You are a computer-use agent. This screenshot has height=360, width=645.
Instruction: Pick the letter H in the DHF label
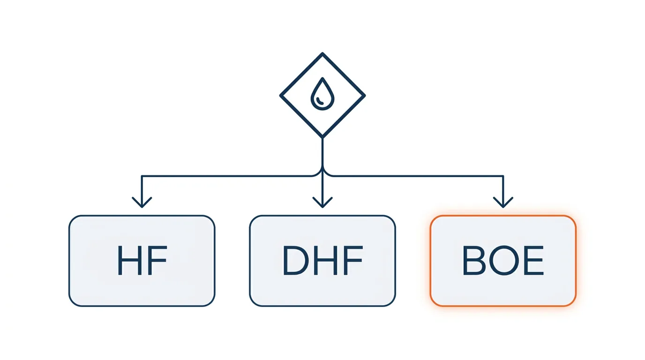pos(325,260)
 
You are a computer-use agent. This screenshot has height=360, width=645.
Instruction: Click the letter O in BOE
pos(504,260)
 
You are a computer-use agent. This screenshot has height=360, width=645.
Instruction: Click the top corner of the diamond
pos(322,53)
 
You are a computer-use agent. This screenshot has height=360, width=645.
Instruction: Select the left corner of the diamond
pos(280,95)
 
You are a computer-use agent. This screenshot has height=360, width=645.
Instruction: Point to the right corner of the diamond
pos(365,95)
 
